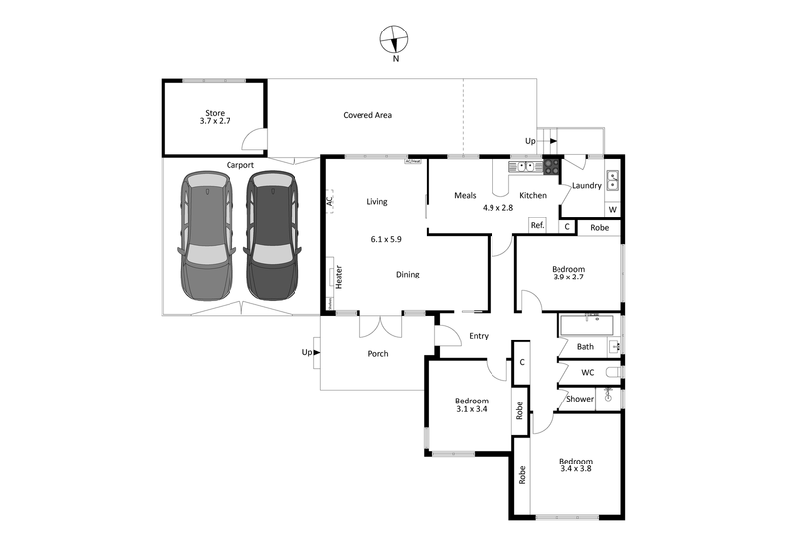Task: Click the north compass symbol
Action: coord(395,40)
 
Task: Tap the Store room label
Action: coord(215,117)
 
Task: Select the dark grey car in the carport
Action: coord(271,237)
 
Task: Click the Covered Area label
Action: coord(367,115)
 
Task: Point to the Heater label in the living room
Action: coord(338,277)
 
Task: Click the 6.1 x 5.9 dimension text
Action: coord(385,238)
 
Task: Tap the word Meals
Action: coord(465,195)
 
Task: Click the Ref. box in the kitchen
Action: coord(537,225)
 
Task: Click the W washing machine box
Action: coord(612,209)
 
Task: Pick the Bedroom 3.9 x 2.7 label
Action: coord(567,274)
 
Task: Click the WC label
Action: coord(587,372)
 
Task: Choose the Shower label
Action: coord(580,399)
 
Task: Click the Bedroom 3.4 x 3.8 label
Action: coord(576,465)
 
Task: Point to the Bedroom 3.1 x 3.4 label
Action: coord(471,405)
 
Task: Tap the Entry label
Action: coord(479,336)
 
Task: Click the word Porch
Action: coord(377,353)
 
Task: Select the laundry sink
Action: coord(613,179)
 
